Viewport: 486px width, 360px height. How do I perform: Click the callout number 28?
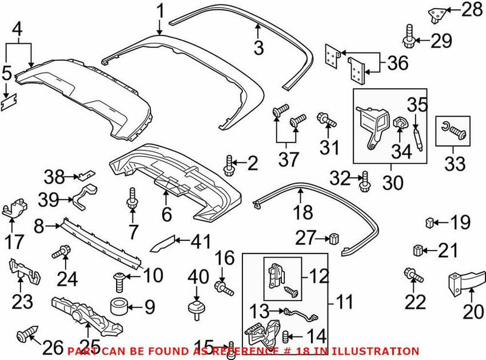tap(470, 10)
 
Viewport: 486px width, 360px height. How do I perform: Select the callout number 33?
tap(455, 164)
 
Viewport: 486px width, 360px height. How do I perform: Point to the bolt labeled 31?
tap(324, 120)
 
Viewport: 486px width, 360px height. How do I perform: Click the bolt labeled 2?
tap(230, 163)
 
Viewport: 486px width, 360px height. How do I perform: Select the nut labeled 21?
tap(417, 250)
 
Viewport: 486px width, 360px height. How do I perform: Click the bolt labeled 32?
tap(364, 179)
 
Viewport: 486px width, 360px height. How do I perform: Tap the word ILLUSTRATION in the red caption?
tap(385, 351)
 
